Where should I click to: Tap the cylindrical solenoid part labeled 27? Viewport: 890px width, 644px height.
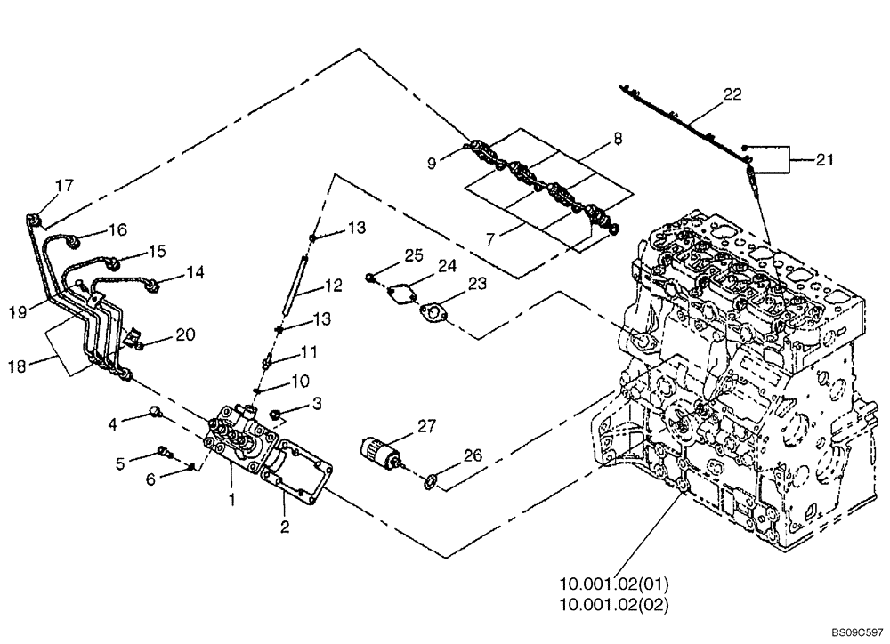pos(380,448)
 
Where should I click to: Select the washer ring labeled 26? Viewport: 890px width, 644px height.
pos(430,482)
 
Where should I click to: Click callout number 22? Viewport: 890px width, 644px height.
pos(732,93)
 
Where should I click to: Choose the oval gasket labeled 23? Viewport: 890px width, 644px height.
pos(435,312)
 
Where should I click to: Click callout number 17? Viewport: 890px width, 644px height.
pos(64,186)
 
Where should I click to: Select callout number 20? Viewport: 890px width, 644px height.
pos(185,334)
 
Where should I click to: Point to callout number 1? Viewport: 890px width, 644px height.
pos(231,501)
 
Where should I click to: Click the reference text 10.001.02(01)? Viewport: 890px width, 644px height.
pos(613,584)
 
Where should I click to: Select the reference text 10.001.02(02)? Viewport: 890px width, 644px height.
pos(613,604)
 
